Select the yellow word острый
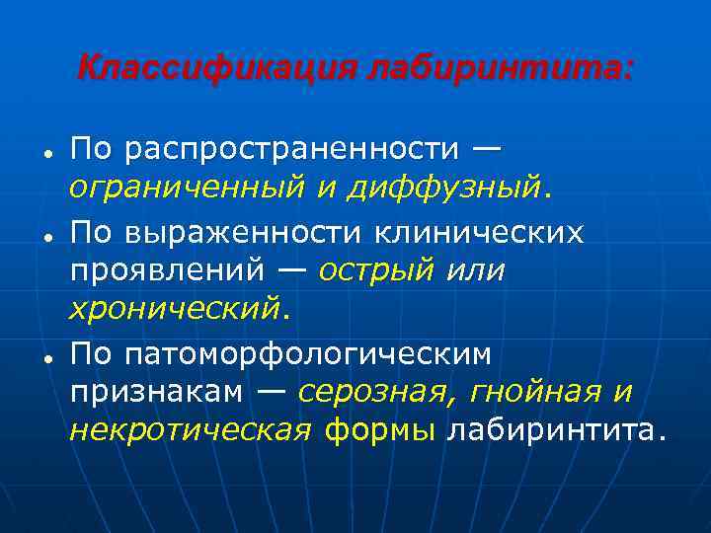(x=375, y=269)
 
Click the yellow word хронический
(x=175, y=309)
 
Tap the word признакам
(x=156, y=391)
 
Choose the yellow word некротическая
(x=191, y=430)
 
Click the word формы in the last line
(x=379, y=430)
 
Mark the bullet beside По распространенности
(x=46, y=154)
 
